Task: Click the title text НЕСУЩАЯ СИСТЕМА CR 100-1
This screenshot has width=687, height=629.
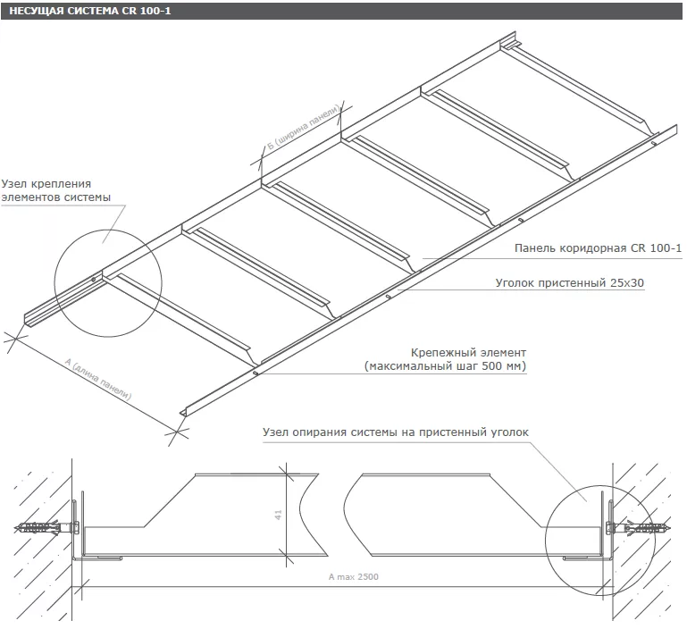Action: click(x=90, y=11)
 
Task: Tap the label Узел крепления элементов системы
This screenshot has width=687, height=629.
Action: click(x=55, y=190)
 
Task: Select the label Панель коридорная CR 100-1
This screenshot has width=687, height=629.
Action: click(x=598, y=248)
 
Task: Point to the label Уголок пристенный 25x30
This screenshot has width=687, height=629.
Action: click(x=570, y=282)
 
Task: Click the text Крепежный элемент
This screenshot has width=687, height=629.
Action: click(x=468, y=352)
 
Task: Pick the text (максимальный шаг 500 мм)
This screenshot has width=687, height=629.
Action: click(x=445, y=366)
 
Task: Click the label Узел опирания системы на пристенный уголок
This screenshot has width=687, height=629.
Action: click(x=396, y=432)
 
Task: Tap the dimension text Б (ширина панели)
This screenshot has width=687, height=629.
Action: click(x=303, y=128)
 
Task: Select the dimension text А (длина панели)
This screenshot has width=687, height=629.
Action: click(x=98, y=379)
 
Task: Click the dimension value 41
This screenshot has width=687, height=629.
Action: click(x=278, y=515)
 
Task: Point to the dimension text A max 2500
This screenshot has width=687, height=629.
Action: click(x=354, y=577)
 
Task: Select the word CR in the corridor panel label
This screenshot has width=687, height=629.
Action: click(x=640, y=248)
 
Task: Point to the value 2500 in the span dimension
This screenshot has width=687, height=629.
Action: click(x=367, y=577)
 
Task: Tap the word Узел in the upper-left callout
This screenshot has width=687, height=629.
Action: click(x=14, y=184)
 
